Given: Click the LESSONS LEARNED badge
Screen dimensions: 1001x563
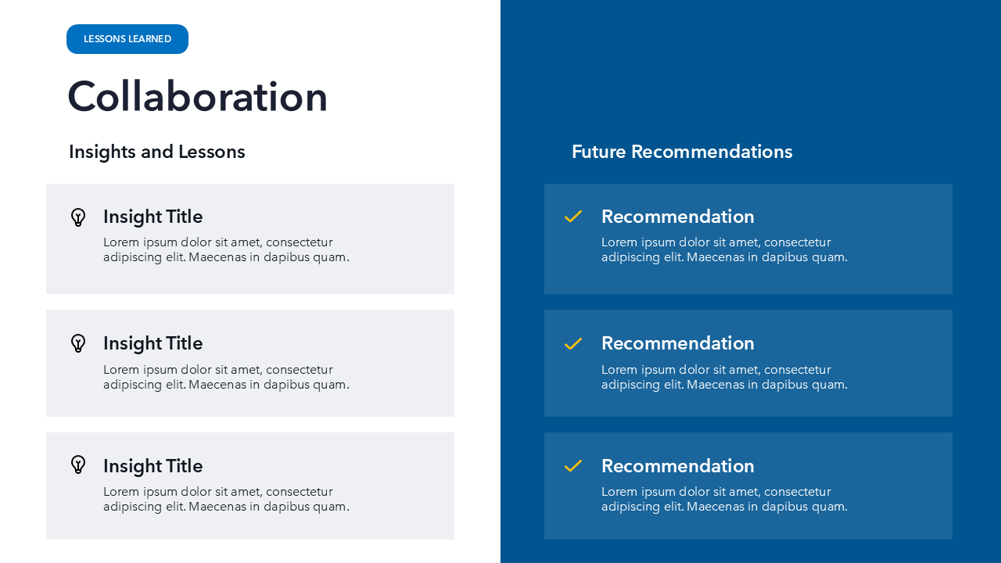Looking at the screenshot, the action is click(127, 39).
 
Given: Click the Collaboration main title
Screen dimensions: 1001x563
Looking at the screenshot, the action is click(198, 96).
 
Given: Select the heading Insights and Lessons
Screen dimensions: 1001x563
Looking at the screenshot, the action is click(157, 152).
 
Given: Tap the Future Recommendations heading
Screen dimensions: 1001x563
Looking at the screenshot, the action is click(682, 152).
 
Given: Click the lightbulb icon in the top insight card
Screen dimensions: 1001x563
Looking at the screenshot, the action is click(78, 217).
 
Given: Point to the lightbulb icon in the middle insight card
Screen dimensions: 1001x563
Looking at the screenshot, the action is click(78, 343).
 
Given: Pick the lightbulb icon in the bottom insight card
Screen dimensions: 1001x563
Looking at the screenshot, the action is click(78, 464).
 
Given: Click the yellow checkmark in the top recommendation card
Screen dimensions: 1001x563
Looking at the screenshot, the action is click(573, 217).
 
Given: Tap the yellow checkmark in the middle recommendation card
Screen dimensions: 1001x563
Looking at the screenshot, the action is click(573, 343).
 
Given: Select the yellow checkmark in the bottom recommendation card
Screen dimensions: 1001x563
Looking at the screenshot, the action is click(573, 465).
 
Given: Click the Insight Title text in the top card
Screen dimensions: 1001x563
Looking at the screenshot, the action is click(152, 217).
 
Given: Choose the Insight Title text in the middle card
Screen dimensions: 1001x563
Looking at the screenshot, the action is click(152, 343).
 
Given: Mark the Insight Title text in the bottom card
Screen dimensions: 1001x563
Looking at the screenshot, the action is click(152, 466).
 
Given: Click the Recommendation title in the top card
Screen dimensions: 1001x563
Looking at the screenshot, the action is click(677, 217).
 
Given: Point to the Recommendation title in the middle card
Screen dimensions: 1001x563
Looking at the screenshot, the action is click(677, 343).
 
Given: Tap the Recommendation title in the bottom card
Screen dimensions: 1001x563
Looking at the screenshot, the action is click(677, 466).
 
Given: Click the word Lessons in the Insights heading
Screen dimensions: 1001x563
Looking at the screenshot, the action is click(212, 152).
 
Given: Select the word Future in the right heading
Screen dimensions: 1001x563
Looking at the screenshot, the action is click(599, 152).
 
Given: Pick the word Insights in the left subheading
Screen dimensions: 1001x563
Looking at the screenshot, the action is click(102, 152).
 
